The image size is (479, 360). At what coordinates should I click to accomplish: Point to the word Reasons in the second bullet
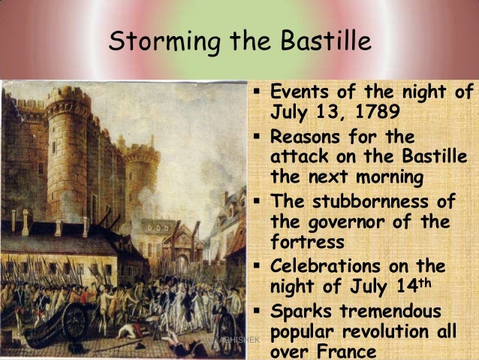308,138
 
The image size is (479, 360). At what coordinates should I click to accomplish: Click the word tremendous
390,310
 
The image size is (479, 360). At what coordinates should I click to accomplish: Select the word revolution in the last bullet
390,332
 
